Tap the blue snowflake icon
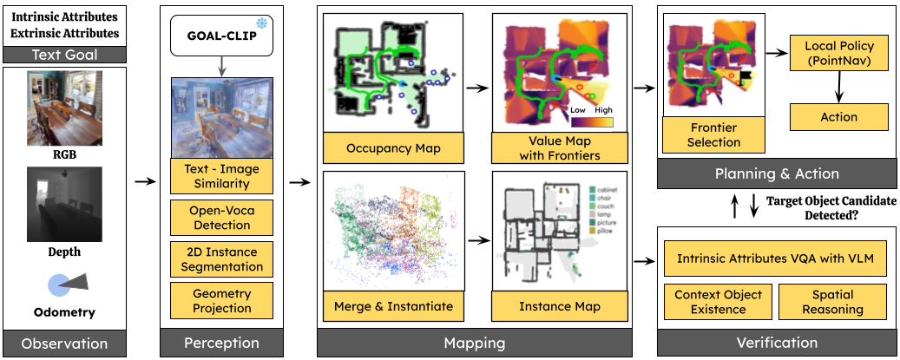[263, 21]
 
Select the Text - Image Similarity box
[222, 176]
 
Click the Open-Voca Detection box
[222, 218]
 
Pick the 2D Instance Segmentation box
[222, 259]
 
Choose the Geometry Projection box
[222, 301]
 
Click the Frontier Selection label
[713, 135]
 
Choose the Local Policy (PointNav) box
[839, 53]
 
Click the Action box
[838, 117]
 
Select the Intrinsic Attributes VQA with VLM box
[775, 259]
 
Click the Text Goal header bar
[64, 56]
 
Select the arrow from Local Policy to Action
[839, 87]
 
